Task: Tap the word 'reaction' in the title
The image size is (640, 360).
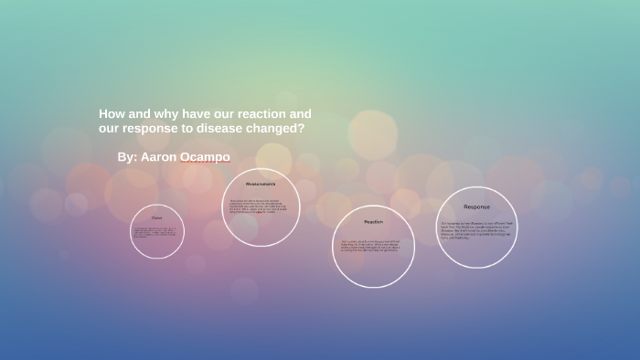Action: (261, 114)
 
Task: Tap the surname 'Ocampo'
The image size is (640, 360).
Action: (205, 157)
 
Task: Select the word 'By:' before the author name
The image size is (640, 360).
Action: (127, 157)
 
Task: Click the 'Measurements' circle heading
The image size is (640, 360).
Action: (261, 184)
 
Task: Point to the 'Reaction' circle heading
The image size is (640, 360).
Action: (373, 222)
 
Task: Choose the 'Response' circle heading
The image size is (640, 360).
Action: (476, 206)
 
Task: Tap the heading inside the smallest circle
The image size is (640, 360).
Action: (156, 217)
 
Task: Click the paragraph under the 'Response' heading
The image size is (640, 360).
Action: (476, 230)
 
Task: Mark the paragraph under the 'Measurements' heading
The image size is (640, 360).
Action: (261, 206)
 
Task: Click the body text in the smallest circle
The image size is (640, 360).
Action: (156, 233)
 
